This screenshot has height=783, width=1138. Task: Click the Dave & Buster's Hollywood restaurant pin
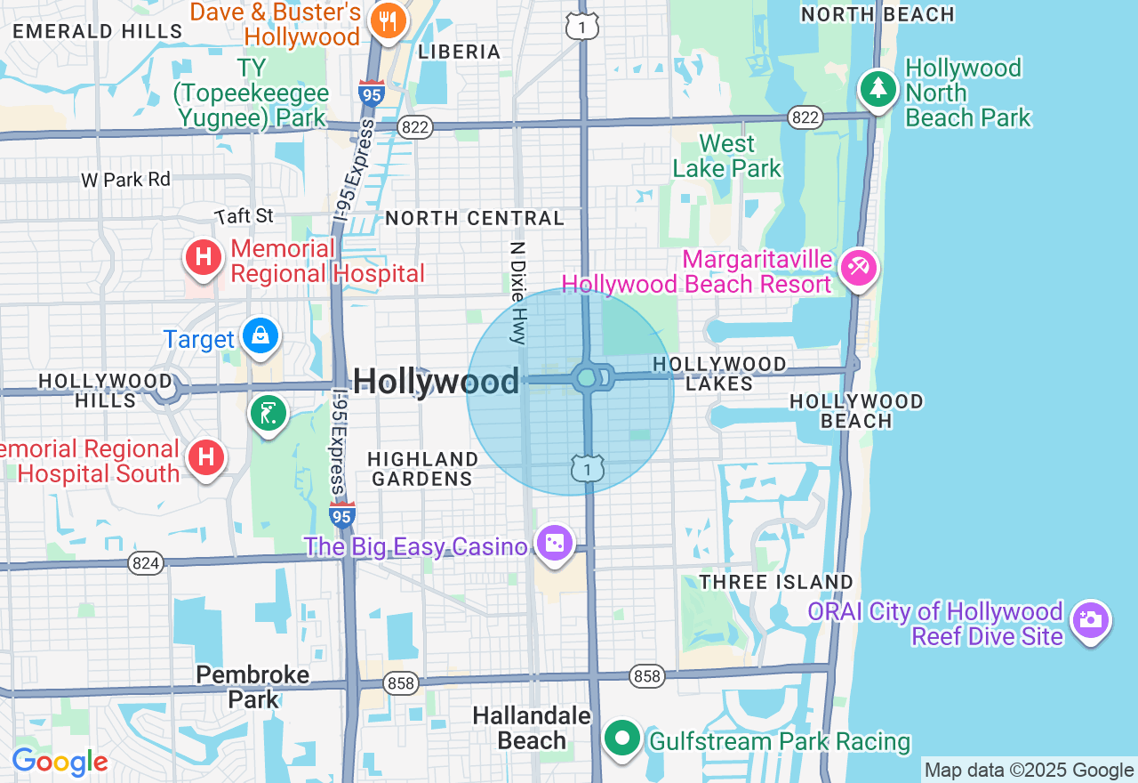tap(388, 20)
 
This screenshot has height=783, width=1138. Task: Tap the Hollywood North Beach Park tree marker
tap(878, 88)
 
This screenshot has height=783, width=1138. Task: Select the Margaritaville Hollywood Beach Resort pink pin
tap(858, 267)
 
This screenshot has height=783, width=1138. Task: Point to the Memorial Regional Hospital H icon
tap(203, 258)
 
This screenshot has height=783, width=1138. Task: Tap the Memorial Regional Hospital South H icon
tap(206, 457)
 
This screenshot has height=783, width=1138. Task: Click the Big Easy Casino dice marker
tap(555, 542)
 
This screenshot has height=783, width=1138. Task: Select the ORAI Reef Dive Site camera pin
tap(1090, 618)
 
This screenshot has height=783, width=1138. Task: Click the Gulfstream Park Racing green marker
tap(622, 738)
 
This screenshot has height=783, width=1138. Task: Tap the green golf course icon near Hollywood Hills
tap(268, 413)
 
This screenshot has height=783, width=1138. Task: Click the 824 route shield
tap(145, 562)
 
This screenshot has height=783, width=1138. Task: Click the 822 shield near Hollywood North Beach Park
tap(805, 117)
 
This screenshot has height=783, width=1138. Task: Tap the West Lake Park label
tap(726, 156)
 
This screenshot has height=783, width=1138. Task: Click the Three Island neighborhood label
tap(776, 582)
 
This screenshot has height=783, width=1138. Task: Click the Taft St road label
tap(245, 216)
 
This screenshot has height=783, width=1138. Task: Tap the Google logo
tap(60, 762)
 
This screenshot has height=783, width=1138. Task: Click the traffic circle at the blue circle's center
tap(587, 378)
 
